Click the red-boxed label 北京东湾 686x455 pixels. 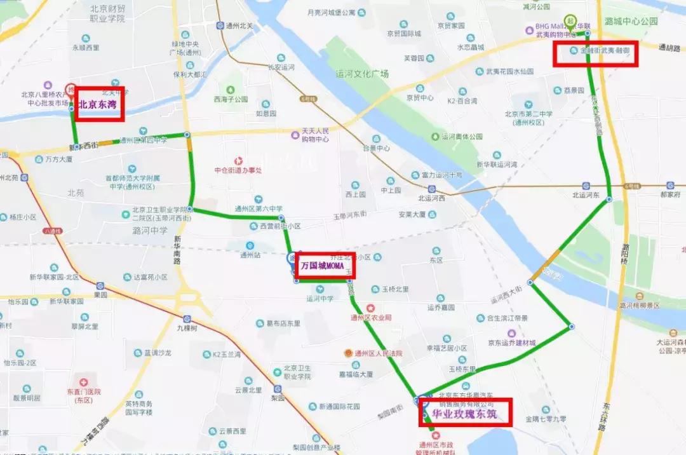coord(99,104)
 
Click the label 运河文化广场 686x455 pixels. coord(362,74)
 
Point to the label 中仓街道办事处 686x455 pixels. coord(238,170)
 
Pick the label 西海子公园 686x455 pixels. coord(231,100)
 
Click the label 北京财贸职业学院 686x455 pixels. coord(108,13)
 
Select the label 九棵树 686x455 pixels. coord(187,328)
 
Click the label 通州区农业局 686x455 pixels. coord(371,317)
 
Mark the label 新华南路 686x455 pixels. coord(177,252)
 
